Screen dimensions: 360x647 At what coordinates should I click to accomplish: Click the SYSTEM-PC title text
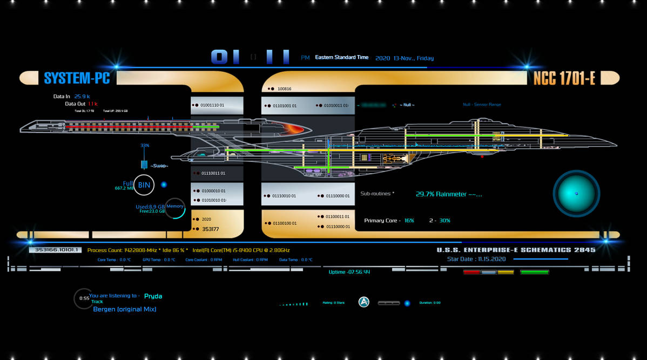77,78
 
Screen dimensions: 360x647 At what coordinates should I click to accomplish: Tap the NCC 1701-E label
564,78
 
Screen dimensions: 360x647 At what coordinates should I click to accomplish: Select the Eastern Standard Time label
342,57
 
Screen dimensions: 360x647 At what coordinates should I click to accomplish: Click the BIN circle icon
144,185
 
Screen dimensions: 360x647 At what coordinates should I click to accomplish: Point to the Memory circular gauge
175,207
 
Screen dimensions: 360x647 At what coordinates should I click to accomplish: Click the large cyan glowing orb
576,193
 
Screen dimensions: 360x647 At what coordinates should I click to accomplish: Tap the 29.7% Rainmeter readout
448,194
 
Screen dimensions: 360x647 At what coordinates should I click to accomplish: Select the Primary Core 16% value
409,221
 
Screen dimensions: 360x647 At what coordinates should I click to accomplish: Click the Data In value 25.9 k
82,97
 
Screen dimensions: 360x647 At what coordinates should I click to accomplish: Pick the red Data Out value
92,104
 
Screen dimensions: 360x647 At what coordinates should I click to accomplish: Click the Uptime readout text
349,272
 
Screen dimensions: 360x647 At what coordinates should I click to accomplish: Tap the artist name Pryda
153,296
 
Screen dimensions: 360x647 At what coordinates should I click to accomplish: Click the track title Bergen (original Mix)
125,309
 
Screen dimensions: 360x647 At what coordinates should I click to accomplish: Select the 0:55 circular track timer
84,298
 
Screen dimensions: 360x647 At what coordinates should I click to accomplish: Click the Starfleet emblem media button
364,302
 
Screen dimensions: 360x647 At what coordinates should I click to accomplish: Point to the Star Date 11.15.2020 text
476,259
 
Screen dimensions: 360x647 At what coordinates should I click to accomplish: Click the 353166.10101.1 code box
55,250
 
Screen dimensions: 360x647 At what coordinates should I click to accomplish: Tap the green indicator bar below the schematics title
534,272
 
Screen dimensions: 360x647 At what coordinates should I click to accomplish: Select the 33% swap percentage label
145,146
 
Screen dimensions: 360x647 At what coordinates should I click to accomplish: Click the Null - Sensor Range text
482,105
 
